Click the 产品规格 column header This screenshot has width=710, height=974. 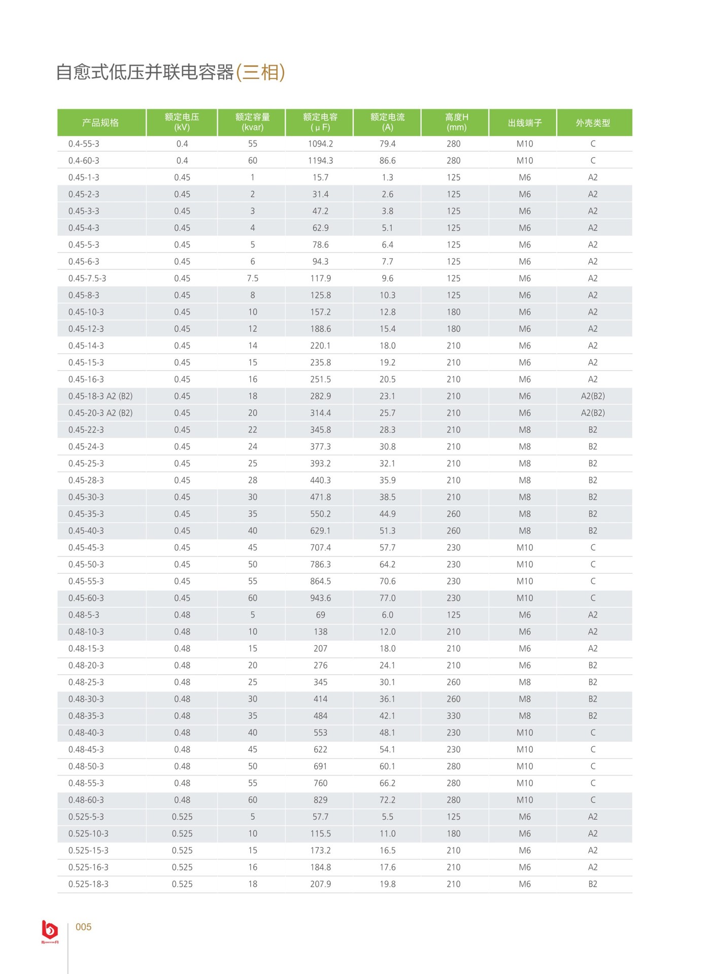(100, 123)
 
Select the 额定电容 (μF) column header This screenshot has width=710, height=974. (320, 122)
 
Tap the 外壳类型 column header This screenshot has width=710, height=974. (593, 123)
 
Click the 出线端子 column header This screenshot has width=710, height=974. (525, 123)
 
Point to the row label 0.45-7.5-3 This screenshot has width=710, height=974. (87, 279)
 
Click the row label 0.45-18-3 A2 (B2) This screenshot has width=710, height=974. (100, 396)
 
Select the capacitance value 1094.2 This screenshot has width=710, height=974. (320, 144)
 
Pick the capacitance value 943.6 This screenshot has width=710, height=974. (320, 598)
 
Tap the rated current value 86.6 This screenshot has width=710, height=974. (387, 161)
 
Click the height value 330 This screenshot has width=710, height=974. (453, 716)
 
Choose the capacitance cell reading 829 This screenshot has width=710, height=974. (320, 800)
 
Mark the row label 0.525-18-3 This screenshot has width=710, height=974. (88, 884)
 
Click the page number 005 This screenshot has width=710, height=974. (83, 927)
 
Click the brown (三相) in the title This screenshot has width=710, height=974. (260, 72)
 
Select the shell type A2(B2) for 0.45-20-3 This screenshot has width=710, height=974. (593, 413)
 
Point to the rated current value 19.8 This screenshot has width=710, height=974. (387, 884)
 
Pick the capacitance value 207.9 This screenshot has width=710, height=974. (320, 884)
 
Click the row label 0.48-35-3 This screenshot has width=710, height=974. (86, 716)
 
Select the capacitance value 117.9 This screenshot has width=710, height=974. (320, 279)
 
